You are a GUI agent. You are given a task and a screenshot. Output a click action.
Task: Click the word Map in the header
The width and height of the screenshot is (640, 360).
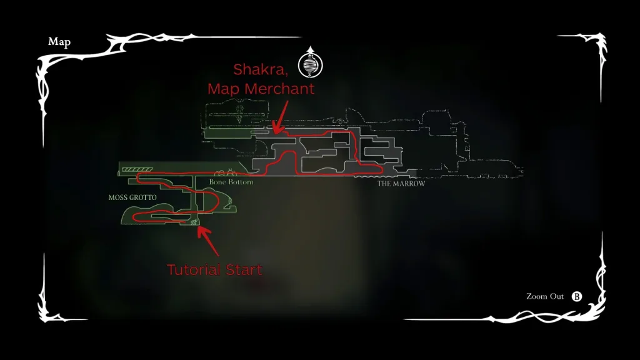click(59, 42)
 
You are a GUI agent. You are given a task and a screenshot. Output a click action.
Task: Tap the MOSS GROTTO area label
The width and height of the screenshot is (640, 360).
click(132, 197)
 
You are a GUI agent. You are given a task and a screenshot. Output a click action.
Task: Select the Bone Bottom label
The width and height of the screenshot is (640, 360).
click(231, 182)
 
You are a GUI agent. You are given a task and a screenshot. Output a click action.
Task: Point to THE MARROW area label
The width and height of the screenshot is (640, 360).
click(401, 184)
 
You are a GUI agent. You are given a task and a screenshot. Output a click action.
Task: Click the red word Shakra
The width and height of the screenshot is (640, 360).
click(261, 69)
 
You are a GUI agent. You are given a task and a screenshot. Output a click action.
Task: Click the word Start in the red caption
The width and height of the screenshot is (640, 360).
click(244, 270)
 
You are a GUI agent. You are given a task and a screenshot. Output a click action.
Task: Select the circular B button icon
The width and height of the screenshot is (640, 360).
click(577, 297)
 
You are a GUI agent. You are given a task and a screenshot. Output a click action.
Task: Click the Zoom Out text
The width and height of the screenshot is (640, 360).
click(545, 296)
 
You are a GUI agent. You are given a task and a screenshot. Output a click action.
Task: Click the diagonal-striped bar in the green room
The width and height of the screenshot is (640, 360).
click(137, 169)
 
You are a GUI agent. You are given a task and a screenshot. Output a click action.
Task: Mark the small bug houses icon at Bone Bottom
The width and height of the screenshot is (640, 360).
click(226, 172)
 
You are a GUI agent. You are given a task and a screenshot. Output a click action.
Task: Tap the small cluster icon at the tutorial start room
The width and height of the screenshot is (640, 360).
click(194, 222)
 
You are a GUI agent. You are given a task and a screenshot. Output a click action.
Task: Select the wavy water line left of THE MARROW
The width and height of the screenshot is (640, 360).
click(364, 177)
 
